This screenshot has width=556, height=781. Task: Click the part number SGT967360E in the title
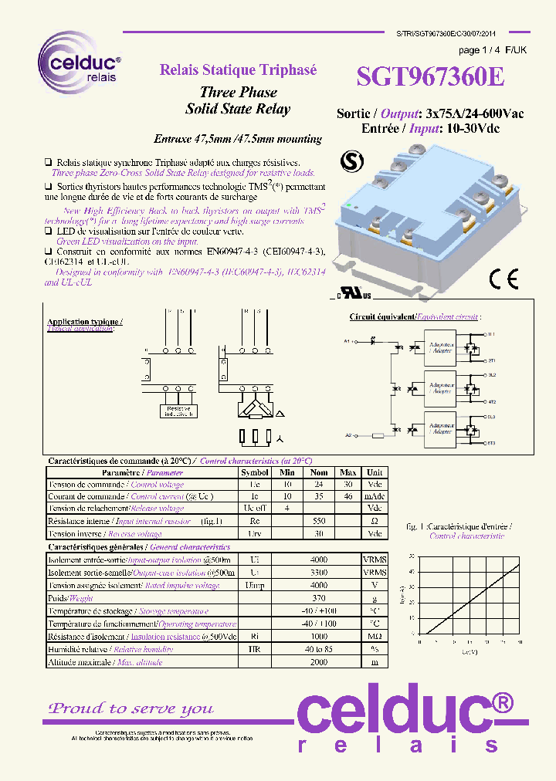point(430,77)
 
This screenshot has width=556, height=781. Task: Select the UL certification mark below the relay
point(352,295)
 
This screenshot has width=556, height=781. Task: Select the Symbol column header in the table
point(255,472)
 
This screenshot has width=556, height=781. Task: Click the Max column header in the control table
point(347,472)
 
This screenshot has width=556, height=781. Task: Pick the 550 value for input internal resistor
point(319,521)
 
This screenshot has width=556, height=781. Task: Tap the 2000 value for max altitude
point(319,662)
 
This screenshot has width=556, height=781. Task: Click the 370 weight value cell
point(319,598)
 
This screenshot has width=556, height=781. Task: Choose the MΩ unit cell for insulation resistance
point(375,637)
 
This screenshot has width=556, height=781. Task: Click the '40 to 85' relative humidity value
point(319,649)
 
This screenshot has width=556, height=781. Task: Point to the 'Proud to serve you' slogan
point(131,708)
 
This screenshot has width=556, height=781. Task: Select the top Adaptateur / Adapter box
point(441,347)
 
